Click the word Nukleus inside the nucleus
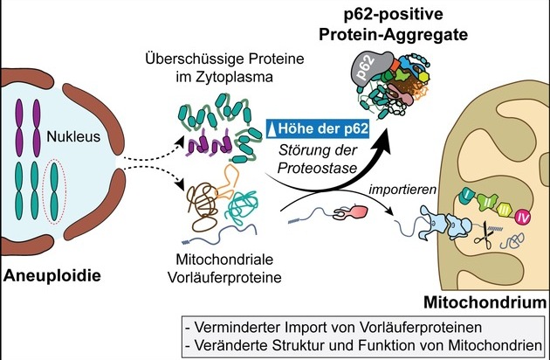coord(73,136)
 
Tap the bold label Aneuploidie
coord(52,276)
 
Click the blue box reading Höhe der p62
coord(318,128)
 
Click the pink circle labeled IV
coord(522,218)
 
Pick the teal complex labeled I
coord(466,196)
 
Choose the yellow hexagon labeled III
coord(505,210)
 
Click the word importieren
coord(402,190)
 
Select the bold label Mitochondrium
coord(485,302)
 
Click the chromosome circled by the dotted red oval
coord(54,191)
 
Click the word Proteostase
coord(317,168)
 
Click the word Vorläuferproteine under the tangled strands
coord(224,278)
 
